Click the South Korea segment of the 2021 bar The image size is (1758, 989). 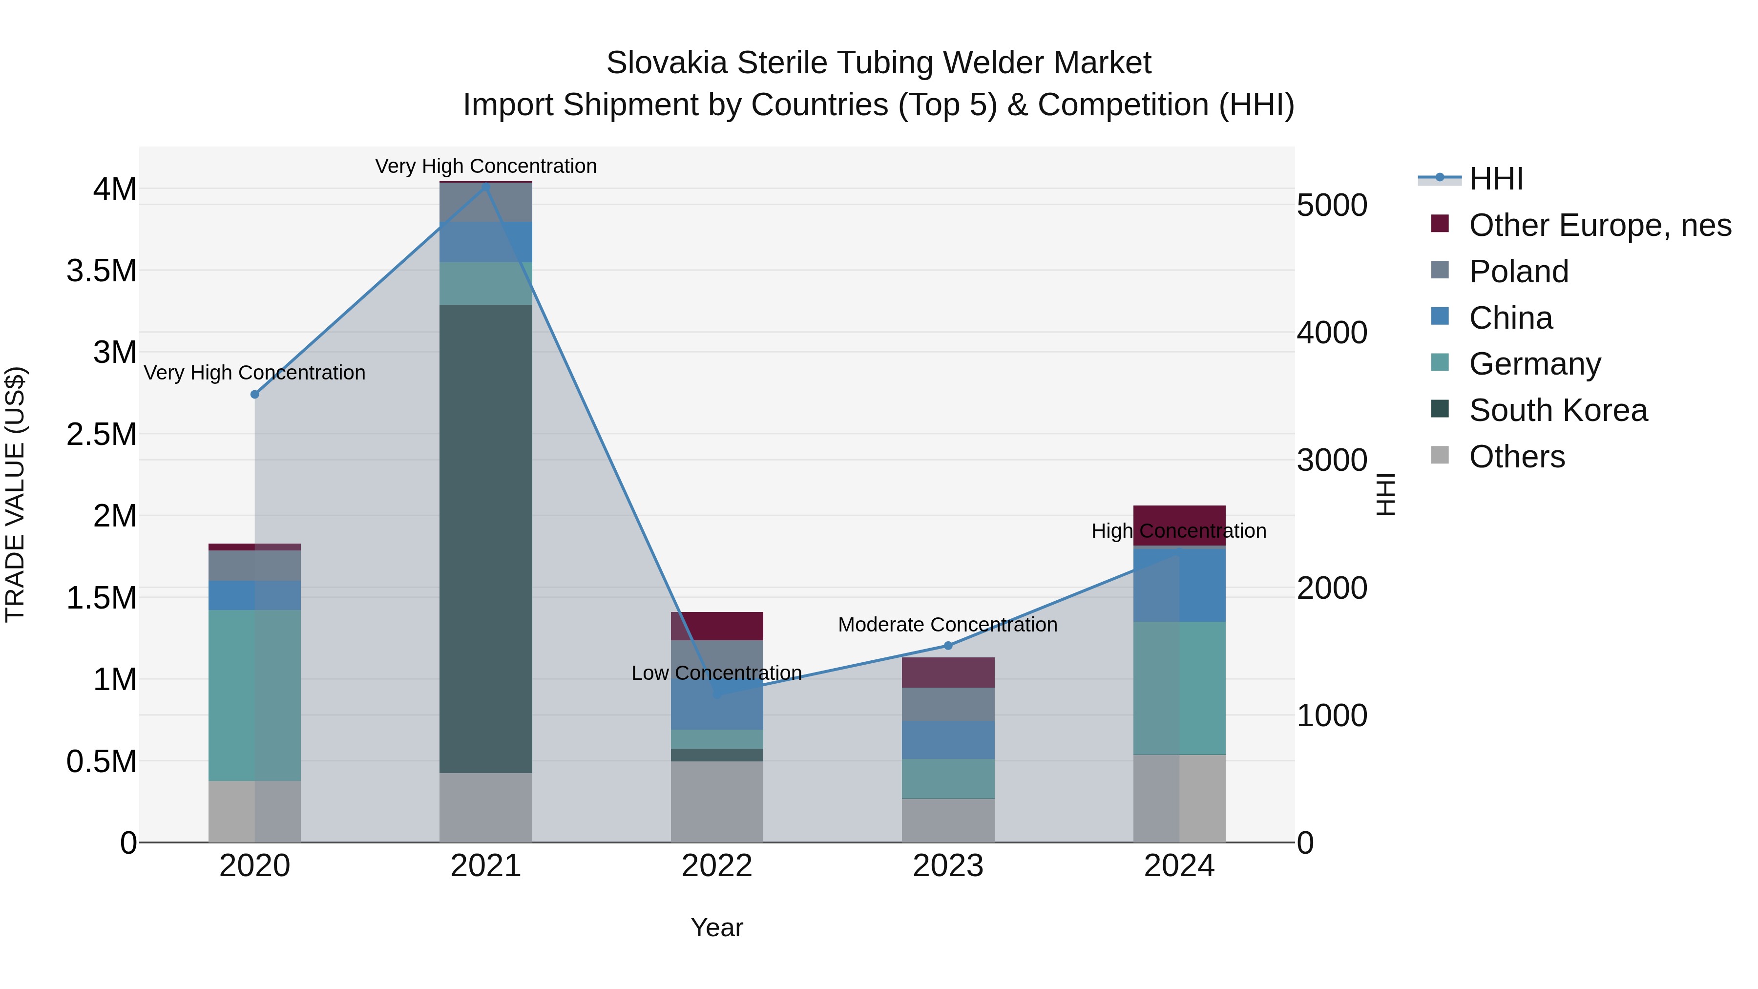(x=485, y=539)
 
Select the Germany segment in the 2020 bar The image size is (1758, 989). (x=254, y=695)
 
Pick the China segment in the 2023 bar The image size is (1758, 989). (x=948, y=739)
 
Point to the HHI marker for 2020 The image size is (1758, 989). (x=254, y=395)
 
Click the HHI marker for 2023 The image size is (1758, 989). (x=948, y=646)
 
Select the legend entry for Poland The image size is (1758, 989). (x=1518, y=272)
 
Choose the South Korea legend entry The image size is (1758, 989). (x=1558, y=411)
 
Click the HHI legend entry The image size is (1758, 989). (x=1495, y=179)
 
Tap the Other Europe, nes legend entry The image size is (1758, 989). (x=1600, y=225)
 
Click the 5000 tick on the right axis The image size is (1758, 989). (x=1332, y=206)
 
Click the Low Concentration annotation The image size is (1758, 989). (x=716, y=673)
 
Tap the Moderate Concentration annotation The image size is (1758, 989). (x=947, y=625)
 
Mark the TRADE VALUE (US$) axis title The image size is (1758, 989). (x=15, y=494)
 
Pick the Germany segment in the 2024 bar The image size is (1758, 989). (x=1179, y=688)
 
